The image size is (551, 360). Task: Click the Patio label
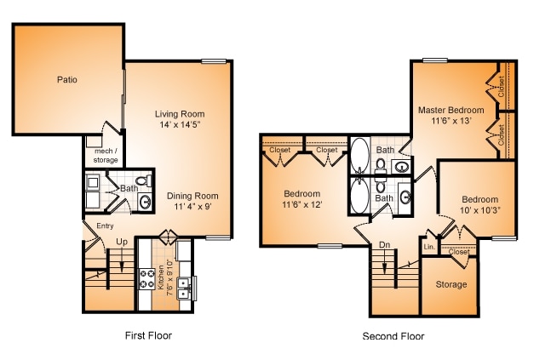[x=67, y=80]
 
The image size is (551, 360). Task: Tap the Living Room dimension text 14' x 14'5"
[x=180, y=125]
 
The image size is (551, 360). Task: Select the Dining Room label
[x=192, y=195]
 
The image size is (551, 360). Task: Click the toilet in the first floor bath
[x=145, y=180]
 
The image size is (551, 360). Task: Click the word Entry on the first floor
[x=105, y=226]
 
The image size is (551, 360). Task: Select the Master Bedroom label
[x=451, y=110]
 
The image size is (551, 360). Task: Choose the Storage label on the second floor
[x=451, y=284]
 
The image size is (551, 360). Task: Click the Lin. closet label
[x=429, y=247]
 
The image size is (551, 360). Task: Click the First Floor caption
[x=147, y=335]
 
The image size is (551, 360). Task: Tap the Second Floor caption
[x=393, y=336]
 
